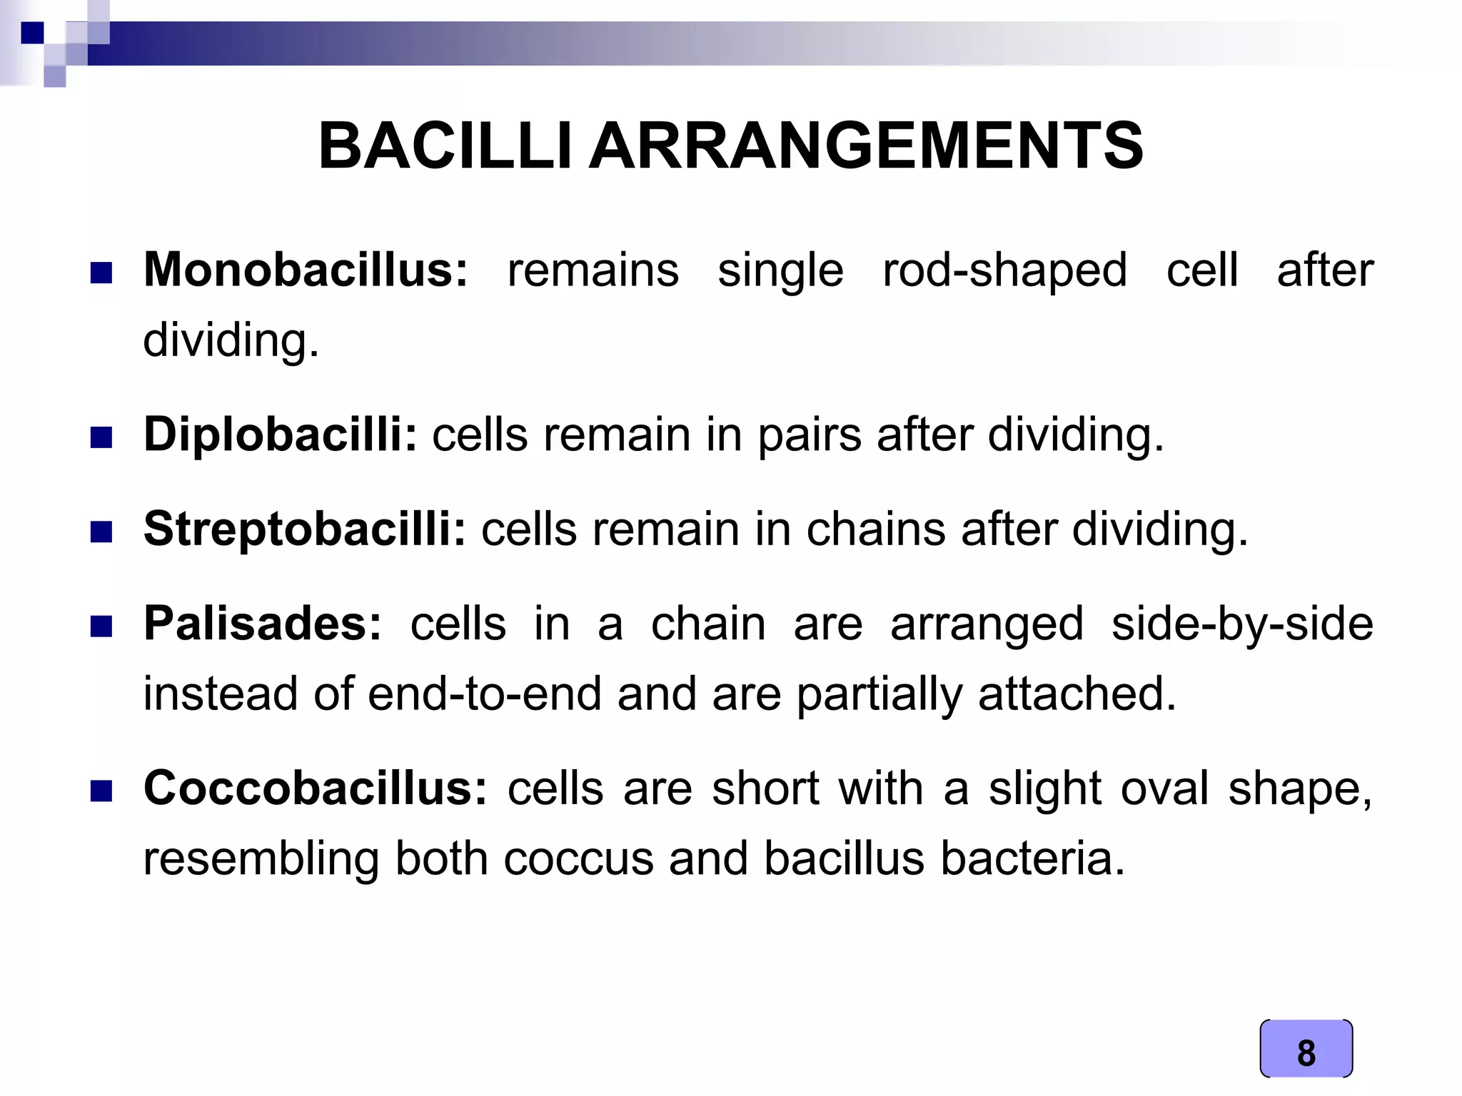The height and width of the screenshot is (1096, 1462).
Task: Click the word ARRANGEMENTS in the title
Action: [x=865, y=147]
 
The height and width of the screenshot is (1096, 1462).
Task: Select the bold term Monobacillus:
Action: [x=306, y=270]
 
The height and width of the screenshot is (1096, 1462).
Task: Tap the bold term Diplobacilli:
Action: [x=280, y=434]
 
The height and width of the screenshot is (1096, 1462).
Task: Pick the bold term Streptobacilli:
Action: [x=305, y=529]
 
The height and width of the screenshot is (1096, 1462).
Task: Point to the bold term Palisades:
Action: [x=263, y=623]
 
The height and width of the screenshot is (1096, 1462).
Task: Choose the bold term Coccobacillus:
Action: [x=315, y=788]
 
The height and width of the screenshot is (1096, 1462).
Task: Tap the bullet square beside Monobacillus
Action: [x=101, y=273]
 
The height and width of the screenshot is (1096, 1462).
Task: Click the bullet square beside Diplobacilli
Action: [x=101, y=437]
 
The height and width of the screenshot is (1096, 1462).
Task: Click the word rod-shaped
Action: [x=1004, y=271]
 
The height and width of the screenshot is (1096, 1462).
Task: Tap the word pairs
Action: [x=810, y=435]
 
